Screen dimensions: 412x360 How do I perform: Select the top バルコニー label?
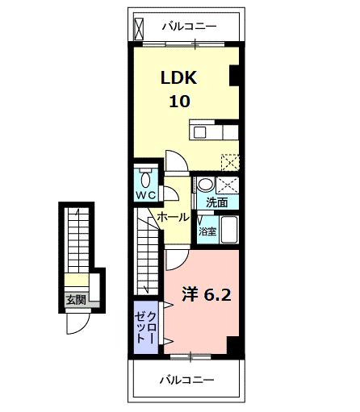pyautogui.click(x=188, y=27)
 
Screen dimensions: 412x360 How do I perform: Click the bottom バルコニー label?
pyautogui.click(x=186, y=378)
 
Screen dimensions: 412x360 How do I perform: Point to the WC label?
pyautogui.click(x=146, y=195)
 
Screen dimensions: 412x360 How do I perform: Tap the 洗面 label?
pyautogui.click(x=216, y=202)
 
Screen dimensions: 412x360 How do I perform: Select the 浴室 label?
pyautogui.click(x=207, y=231)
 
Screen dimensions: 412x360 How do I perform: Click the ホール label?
pyautogui.click(x=173, y=218)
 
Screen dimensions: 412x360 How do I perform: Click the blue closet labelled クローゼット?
pyautogui.click(x=147, y=327)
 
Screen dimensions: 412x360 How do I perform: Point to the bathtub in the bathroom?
pyautogui.click(x=228, y=231)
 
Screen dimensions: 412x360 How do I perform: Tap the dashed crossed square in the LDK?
pyautogui.click(x=231, y=160)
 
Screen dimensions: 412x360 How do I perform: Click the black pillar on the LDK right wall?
pyautogui.click(x=236, y=75)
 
